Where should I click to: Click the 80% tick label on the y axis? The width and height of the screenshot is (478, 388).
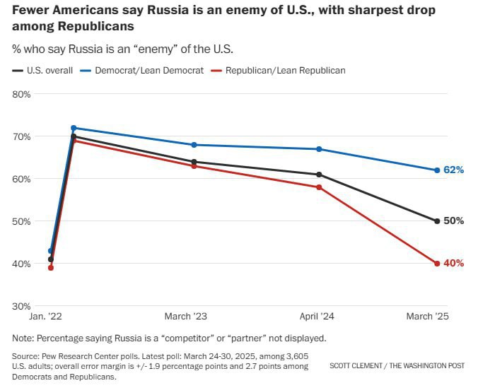21,94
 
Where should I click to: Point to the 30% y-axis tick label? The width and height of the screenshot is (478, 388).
21,306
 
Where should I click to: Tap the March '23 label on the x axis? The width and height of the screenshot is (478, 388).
185,317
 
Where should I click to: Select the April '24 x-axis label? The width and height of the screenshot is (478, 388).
320,317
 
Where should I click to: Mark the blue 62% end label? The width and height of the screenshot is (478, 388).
453,170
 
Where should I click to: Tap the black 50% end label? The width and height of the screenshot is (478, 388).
453,221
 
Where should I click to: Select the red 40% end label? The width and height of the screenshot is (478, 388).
453,264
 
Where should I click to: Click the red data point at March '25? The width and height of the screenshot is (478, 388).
437,264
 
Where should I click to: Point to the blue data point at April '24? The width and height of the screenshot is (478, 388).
320,149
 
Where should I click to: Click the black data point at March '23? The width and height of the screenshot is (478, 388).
194,162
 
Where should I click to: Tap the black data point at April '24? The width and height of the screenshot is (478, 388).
320,175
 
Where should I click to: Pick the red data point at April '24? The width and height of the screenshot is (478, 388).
320,187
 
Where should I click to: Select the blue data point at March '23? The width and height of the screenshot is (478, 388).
194,145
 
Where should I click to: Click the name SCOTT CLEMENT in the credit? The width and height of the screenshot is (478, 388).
361,366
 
